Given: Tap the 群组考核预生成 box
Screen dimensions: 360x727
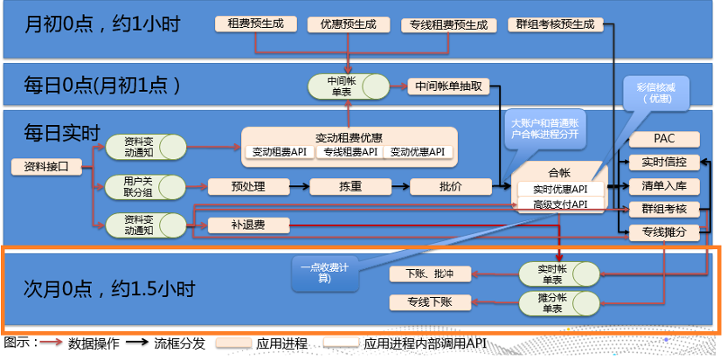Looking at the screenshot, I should pos(556,24).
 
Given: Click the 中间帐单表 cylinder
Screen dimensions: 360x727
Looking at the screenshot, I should pos(348,86).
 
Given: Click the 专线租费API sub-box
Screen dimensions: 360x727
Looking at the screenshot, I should pos(350,152).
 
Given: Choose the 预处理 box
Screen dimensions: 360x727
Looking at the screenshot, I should pos(247,185).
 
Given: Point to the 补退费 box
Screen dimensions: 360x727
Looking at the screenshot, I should pos(247,225).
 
